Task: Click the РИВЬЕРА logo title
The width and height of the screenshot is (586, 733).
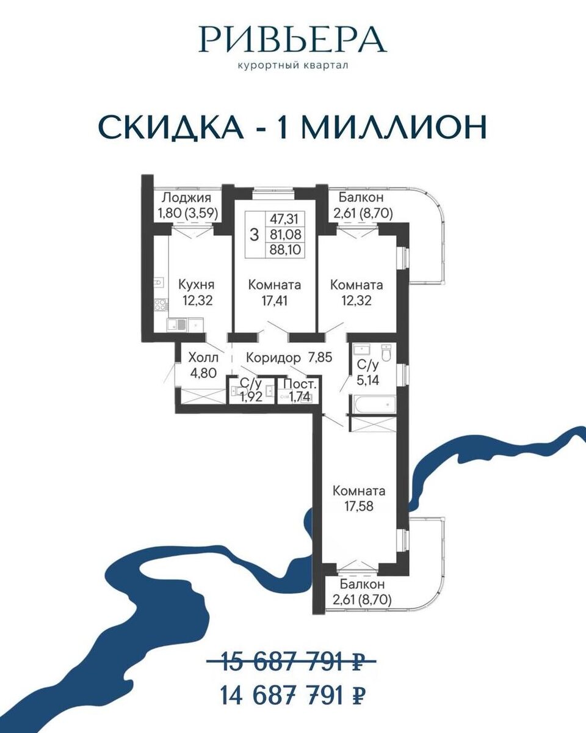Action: (292, 39)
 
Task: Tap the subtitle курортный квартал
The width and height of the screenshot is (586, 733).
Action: (293, 66)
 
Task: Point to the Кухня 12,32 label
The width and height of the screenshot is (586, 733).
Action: (197, 293)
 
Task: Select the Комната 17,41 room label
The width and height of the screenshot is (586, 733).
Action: (275, 293)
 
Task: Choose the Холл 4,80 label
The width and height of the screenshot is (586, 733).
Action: (203, 365)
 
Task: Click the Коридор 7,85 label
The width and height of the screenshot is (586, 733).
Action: (289, 358)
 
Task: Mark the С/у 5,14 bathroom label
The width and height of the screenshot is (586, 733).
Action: (367, 372)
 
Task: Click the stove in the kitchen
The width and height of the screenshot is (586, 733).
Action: (160, 304)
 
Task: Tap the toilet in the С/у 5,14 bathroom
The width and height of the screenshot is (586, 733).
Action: (386, 353)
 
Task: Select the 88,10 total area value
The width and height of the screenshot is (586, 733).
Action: (285, 250)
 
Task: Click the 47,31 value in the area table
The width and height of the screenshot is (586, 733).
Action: (284, 219)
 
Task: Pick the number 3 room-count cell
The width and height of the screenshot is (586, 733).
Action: (254, 235)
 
